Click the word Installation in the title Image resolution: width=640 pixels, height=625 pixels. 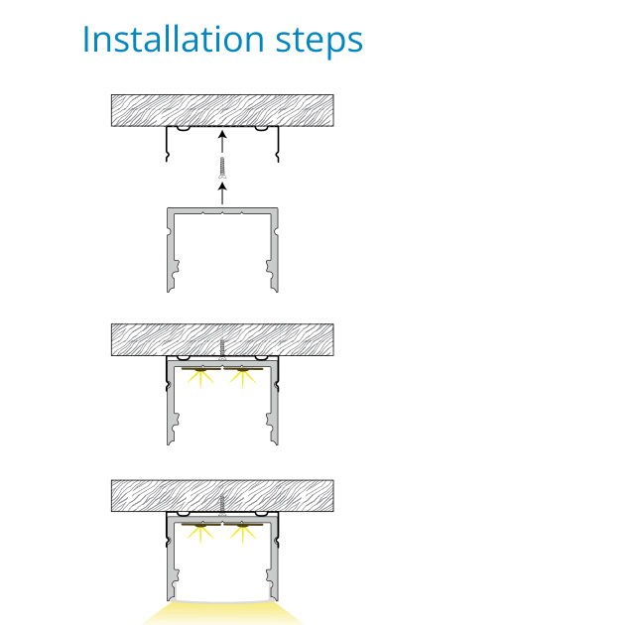(x=174, y=39)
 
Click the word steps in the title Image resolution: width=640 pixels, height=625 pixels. (x=320, y=42)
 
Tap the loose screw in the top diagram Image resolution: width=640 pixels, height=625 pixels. (x=222, y=168)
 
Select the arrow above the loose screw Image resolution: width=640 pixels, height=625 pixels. (x=222, y=142)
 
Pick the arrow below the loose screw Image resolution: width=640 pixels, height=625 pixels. (x=222, y=193)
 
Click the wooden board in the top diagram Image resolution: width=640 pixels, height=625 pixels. (x=222, y=110)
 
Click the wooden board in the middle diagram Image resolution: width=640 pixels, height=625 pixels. (x=222, y=340)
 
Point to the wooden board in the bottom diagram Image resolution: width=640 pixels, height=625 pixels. (x=222, y=496)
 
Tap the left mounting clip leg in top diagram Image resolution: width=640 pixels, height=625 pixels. (x=167, y=144)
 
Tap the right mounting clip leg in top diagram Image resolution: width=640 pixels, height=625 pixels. (x=278, y=144)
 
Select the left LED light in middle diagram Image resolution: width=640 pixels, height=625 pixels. (x=200, y=376)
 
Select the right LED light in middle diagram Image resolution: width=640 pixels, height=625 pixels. (x=243, y=376)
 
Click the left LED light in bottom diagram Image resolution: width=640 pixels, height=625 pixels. (x=200, y=531)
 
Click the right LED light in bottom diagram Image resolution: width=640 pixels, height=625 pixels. (x=243, y=531)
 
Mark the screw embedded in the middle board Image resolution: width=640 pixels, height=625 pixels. (x=222, y=349)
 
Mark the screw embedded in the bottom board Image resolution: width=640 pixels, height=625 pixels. (x=222, y=505)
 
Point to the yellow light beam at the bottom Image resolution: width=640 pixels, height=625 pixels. (x=222, y=613)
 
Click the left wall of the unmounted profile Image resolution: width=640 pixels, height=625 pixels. (x=171, y=250)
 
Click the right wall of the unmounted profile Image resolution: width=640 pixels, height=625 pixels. (x=274, y=250)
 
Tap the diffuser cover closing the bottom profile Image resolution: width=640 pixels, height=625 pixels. (x=222, y=600)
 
